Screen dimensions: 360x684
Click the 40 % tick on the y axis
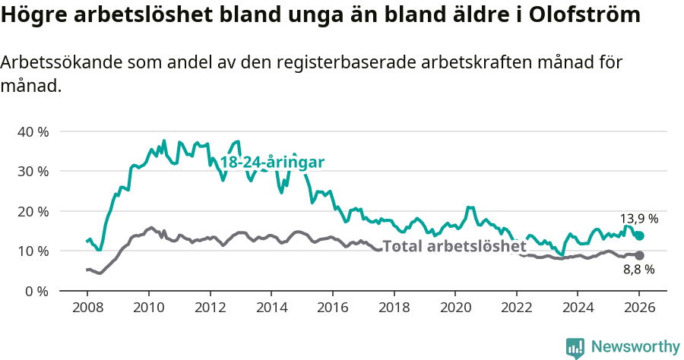point(33,131)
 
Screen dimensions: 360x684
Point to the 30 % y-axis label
point(33,171)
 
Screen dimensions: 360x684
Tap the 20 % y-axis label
point(33,211)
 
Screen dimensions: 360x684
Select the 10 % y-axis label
point(33,251)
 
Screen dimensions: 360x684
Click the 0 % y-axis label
point(36,291)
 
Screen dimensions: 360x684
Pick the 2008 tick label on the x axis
point(87,309)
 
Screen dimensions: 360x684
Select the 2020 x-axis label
point(454,309)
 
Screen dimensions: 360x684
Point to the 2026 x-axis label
point(638,309)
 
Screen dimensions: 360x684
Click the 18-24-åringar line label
point(272,163)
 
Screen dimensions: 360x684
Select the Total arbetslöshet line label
point(454,246)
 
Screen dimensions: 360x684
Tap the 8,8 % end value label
point(639,269)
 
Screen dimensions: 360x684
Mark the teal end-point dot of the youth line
point(639,235)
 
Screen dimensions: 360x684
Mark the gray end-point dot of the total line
point(639,256)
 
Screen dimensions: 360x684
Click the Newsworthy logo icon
point(575,347)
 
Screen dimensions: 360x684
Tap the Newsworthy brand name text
point(635,347)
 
